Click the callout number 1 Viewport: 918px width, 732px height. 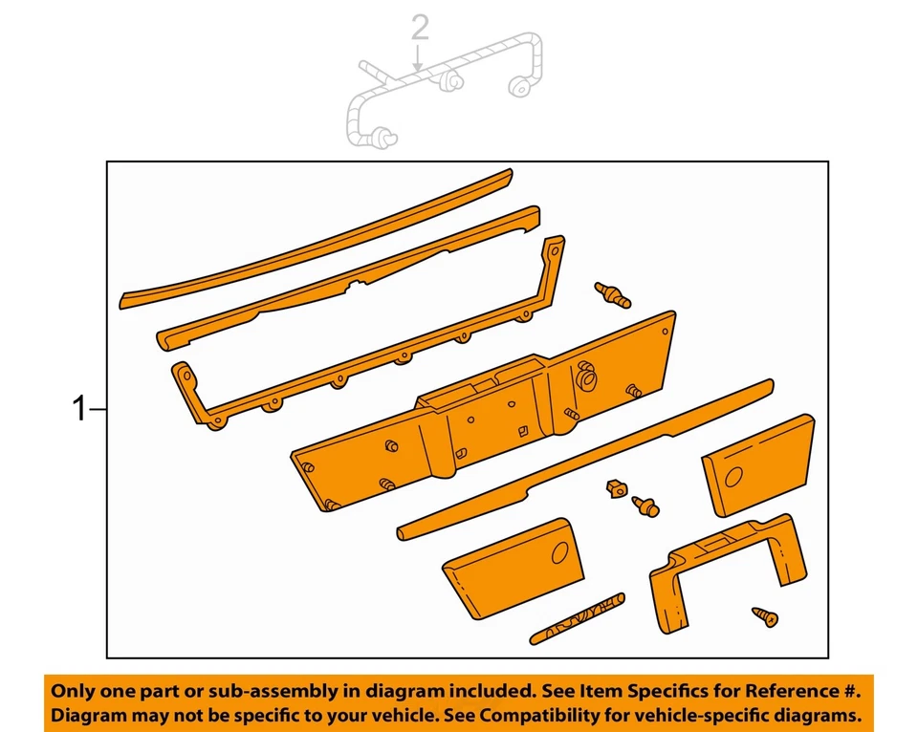point(79,410)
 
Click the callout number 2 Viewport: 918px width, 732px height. point(420,29)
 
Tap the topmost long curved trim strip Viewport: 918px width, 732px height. point(316,238)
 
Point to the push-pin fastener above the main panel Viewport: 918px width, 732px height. point(612,294)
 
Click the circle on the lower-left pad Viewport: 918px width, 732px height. point(560,551)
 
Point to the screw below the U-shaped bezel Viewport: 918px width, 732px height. point(765,616)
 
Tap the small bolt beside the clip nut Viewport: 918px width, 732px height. point(645,506)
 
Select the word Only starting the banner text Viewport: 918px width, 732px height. point(74,690)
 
